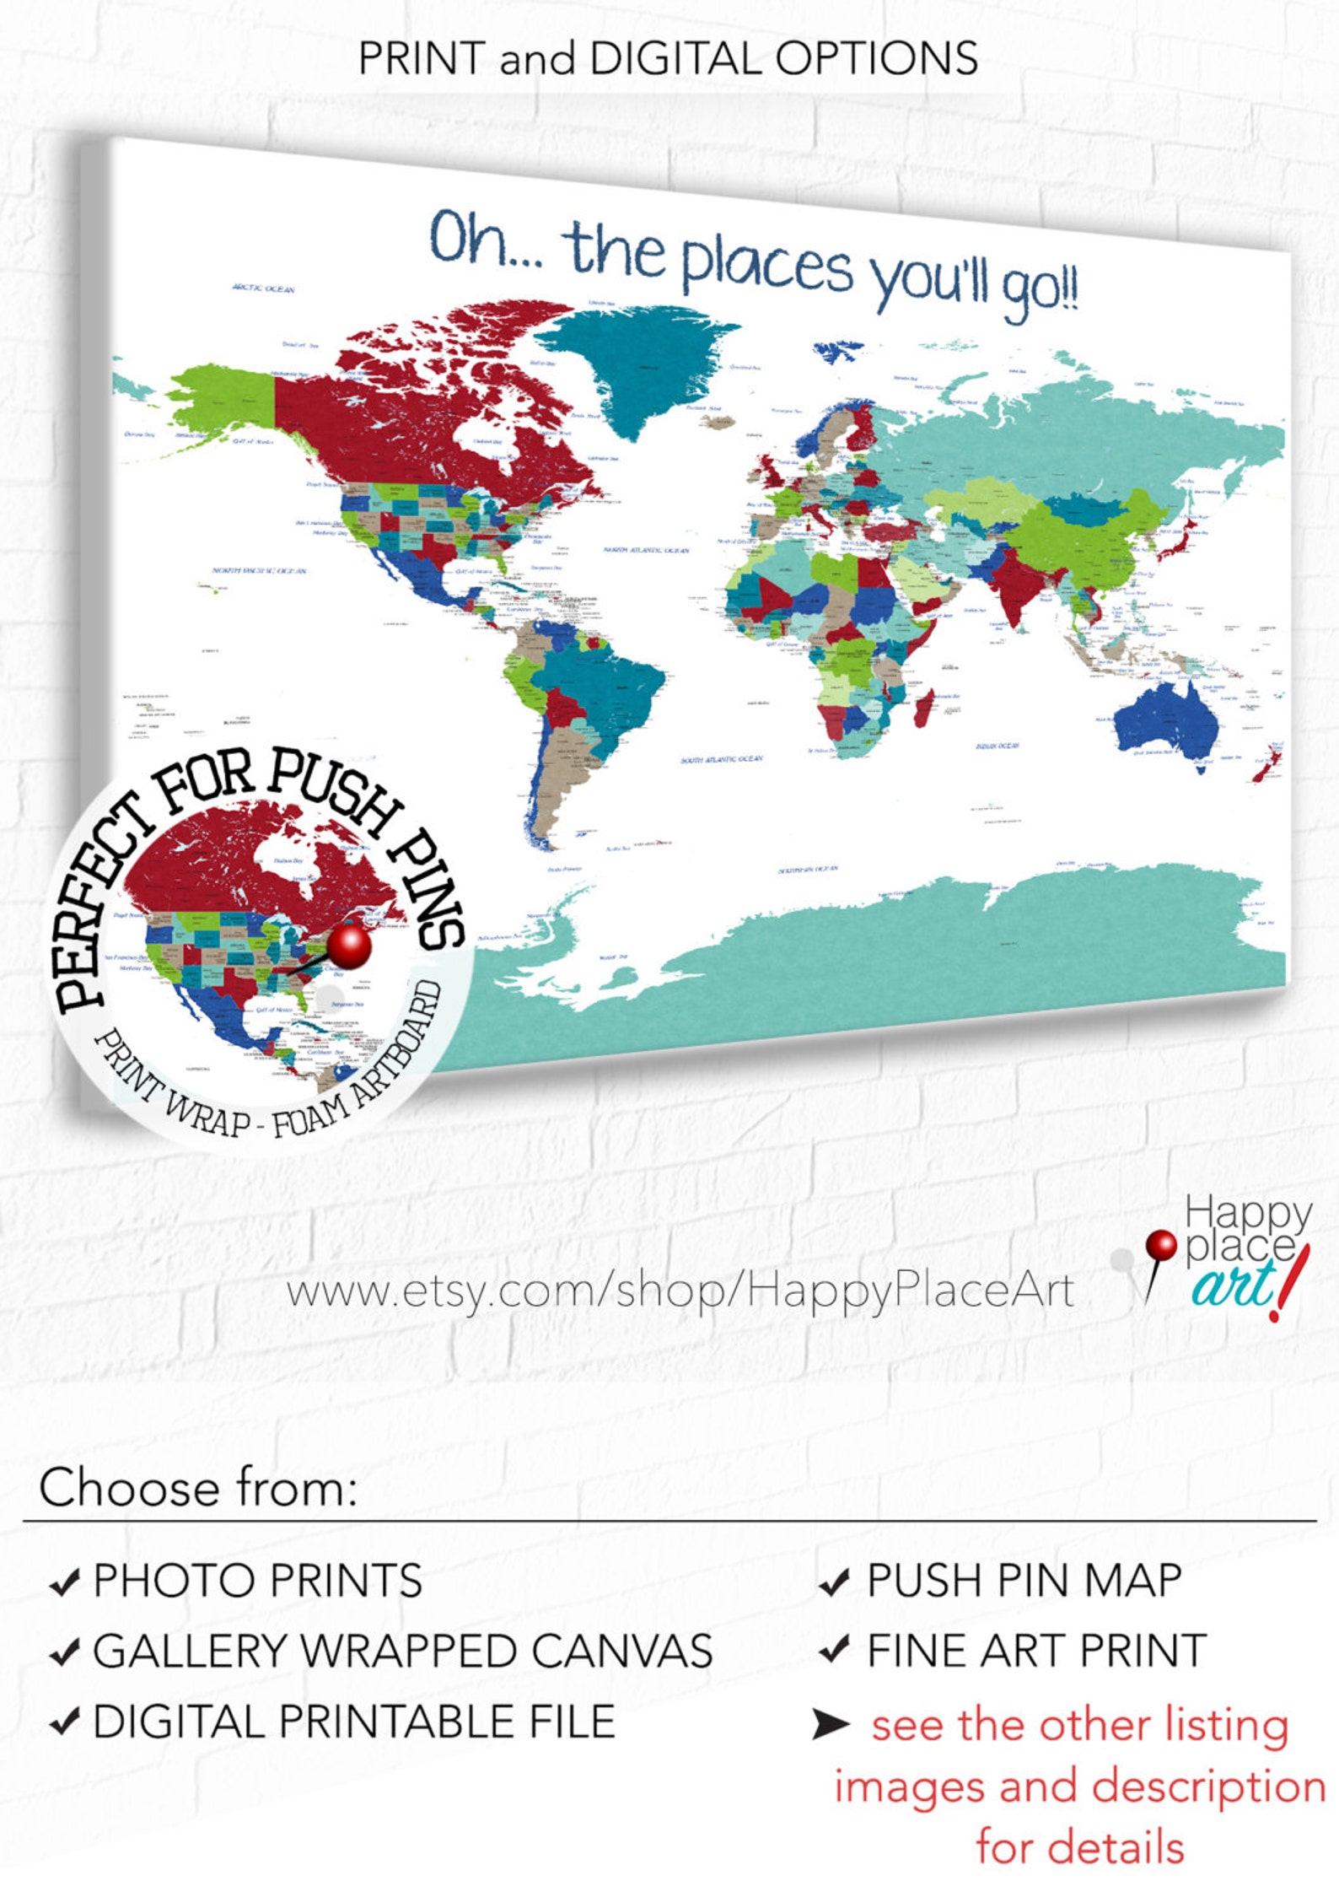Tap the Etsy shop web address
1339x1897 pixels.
[x=680, y=1290]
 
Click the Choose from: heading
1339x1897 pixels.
[x=198, y=1487]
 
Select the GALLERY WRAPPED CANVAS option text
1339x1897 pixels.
[x=402, y=1651]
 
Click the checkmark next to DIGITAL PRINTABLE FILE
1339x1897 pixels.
[x=65, y=1722]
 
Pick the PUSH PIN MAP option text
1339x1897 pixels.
[x=1024, y=1580]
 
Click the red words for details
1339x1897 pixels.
[x=1080, y=1846]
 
